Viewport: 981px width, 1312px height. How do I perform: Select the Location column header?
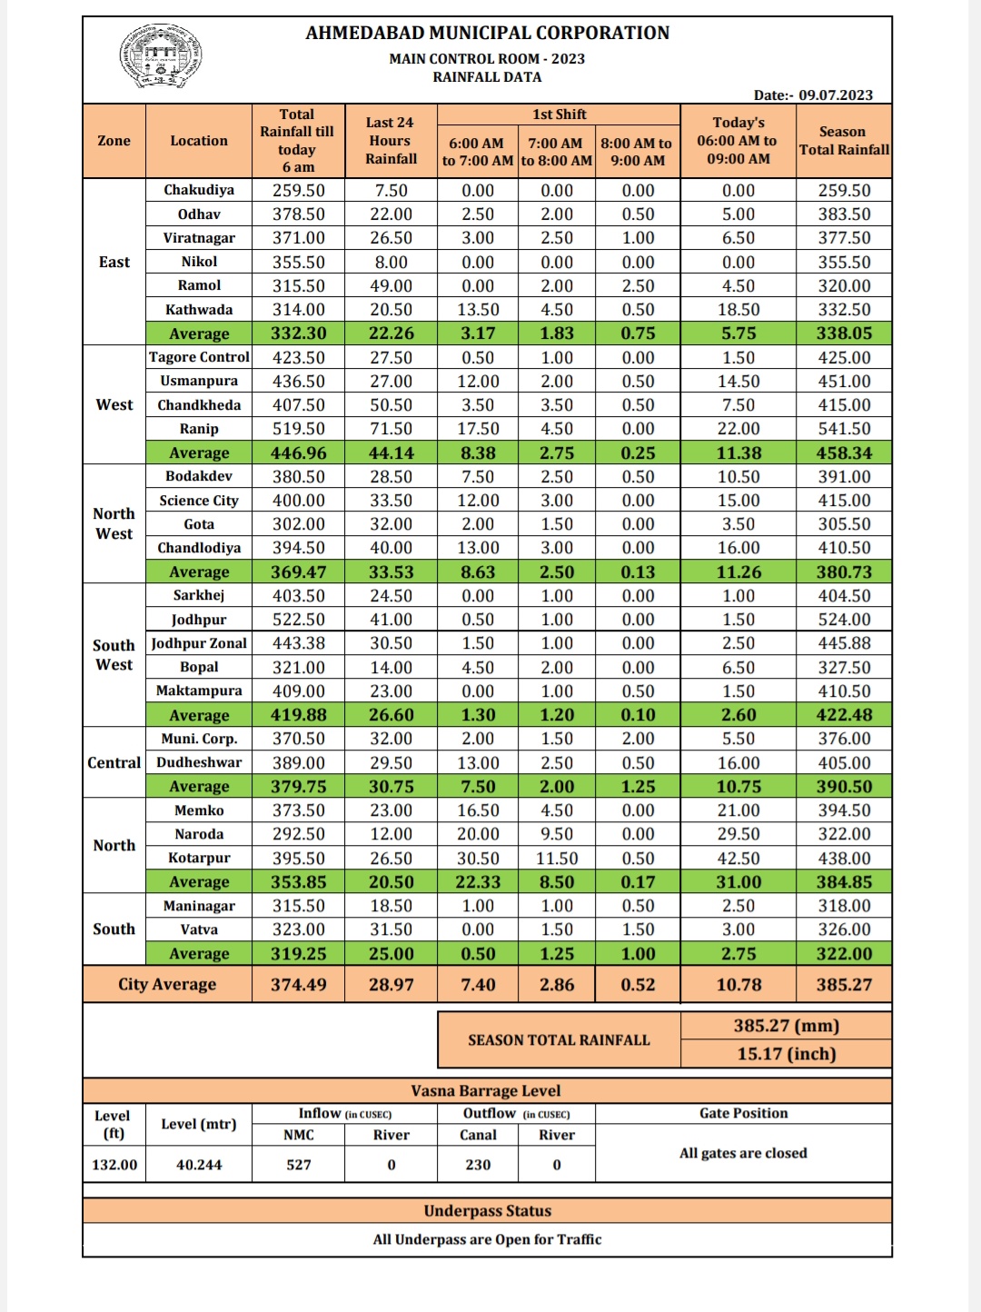pos(199,141)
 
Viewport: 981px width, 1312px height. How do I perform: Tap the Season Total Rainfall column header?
pos(844,141)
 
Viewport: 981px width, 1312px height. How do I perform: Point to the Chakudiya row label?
pos(199,190)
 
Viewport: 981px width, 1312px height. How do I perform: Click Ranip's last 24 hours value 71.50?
pos(391,429)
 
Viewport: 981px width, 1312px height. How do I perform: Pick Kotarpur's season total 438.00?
pos(844,858)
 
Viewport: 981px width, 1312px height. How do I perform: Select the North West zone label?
pos(114,523)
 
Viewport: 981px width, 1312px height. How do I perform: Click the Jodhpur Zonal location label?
pos(199,643)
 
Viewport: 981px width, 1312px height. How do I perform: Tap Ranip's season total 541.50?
pos(844,429)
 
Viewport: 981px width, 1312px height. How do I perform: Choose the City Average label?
pos(167,984)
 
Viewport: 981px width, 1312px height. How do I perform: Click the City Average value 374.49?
pos(298,984)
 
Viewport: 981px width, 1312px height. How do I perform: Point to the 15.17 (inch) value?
pos(786,1054)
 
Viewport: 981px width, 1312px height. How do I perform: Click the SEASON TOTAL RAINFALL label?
pos(559,1040)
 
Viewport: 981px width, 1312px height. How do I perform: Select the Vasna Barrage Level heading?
pos(486,1090)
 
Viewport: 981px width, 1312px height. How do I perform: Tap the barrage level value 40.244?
pos(199,1165)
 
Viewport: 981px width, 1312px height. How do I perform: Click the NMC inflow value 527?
pos(298,1165)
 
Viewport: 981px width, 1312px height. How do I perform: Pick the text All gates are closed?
pos(743,1153)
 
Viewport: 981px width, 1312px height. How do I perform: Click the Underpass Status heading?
pos(487,1211)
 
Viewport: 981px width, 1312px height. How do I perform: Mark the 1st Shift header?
pos(559,114)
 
